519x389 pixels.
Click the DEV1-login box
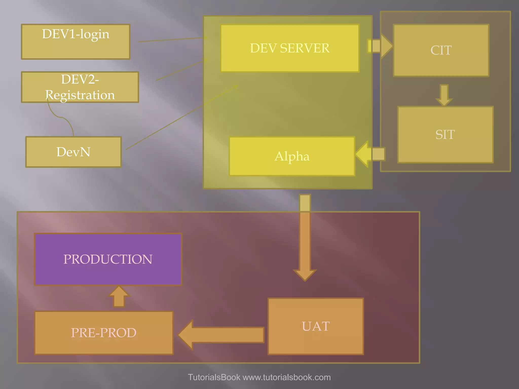tap(76, 42)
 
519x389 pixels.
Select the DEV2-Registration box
tap(80, 87)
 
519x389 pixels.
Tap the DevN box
tap(73, 152)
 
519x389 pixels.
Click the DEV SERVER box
tap(290, 48)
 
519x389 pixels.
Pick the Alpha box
tap(292, 156)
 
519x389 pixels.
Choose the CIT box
tap(441, 50)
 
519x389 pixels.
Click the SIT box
tap(445, 134)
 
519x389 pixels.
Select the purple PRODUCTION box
tap(108, 259)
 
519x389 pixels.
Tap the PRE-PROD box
tap(104, 333)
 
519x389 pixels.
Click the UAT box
tap(316, 326)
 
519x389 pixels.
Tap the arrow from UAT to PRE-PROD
tap(220, 335)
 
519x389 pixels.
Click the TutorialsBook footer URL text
tap(259, 377)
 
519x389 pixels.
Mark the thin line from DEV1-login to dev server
tap(172, 40)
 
